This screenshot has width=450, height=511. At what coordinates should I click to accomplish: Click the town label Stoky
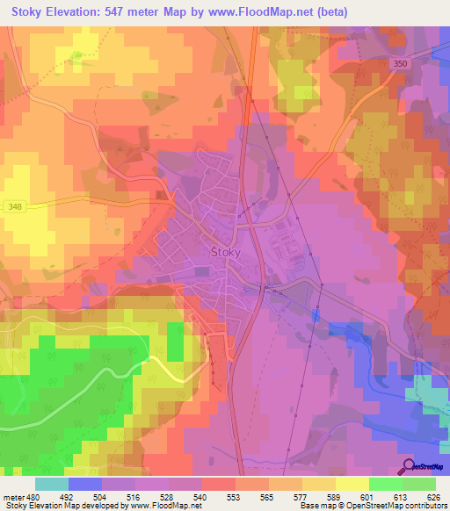[x=226, y=253]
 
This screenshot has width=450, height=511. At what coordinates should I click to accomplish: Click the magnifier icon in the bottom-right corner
[x=408, y=467]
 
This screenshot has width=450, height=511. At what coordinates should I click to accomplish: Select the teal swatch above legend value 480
[x=52, y=484]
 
